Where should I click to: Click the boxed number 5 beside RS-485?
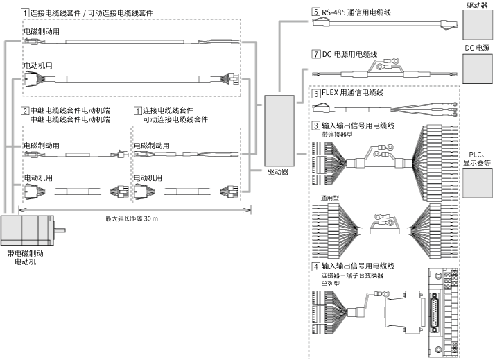point(316,12)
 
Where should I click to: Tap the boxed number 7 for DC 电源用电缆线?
point(316,53)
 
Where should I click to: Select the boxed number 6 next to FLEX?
point(316,93)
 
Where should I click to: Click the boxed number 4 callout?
point(316,266)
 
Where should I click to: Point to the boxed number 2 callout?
point(25,111)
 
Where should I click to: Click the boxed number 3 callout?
point(316,126)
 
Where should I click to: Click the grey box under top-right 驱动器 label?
point(477,28)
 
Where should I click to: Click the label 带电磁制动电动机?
point(25,258)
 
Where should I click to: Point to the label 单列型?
point(321,284)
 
